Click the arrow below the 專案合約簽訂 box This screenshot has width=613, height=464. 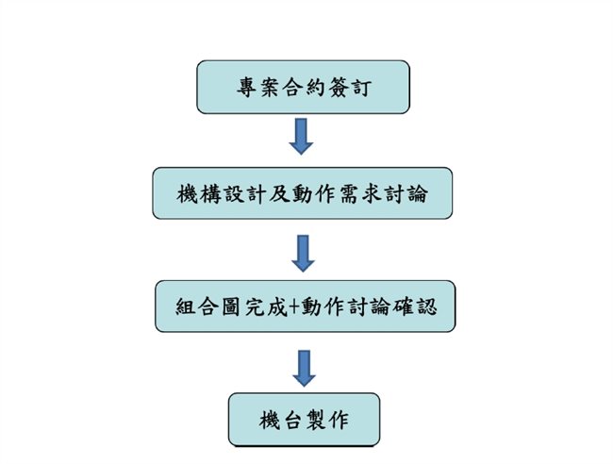coord(303,136)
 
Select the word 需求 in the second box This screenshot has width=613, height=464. coord(368,194)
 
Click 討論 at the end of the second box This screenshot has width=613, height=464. coord(417,194)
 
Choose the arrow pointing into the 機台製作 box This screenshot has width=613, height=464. coord(303,366)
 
